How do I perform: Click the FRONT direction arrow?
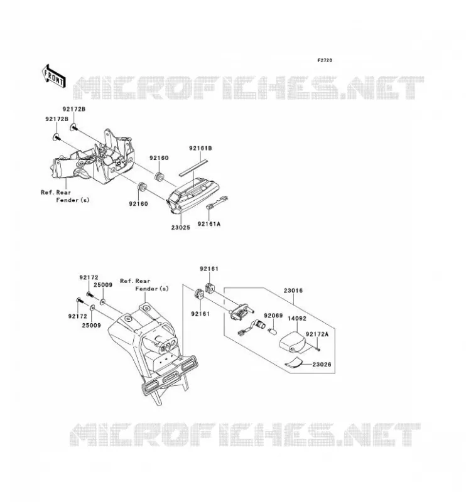(x=54, y=76)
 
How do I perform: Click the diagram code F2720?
(x=325, y=60)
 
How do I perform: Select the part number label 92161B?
(x=200, y=148)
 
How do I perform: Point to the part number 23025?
(x=180, y=227)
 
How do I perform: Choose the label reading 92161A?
(x=209, y=224)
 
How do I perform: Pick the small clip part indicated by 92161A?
(x=217, y=202)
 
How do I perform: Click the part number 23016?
(x=293, y=291)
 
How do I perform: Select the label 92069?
(x=273, y=316)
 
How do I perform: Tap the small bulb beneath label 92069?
(x=272, y=331)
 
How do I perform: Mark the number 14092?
(x=297, y=318)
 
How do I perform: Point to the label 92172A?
(x=317, y=334)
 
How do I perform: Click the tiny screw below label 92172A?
(x=318, y=350)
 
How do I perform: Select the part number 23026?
(x=322, y=365)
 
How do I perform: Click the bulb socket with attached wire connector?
(x=252, y=328)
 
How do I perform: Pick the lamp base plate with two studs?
(x=241, y=311)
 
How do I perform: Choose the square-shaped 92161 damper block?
(x=209, y=287)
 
